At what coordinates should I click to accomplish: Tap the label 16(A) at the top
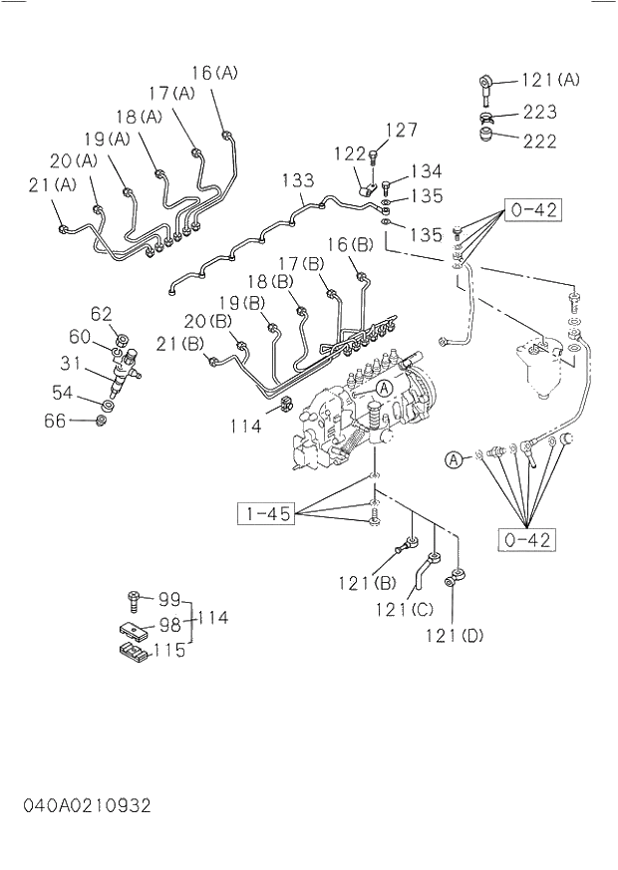(214, 73)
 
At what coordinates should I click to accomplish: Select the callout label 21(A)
(52, 183)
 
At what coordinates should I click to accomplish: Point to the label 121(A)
(551, 80)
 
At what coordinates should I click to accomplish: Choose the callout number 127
(401, 130)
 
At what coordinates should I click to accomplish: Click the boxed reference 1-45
(265, 514)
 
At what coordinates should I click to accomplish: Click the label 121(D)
(454, 634)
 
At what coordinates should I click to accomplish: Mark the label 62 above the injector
(102, 314)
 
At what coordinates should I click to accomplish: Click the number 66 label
(55, 421)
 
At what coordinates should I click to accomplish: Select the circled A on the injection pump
(384, 387)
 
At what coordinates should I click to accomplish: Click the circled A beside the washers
(454, 459)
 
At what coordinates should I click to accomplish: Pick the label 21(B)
(181, 345)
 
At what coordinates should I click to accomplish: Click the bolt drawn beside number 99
(132, 600)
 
